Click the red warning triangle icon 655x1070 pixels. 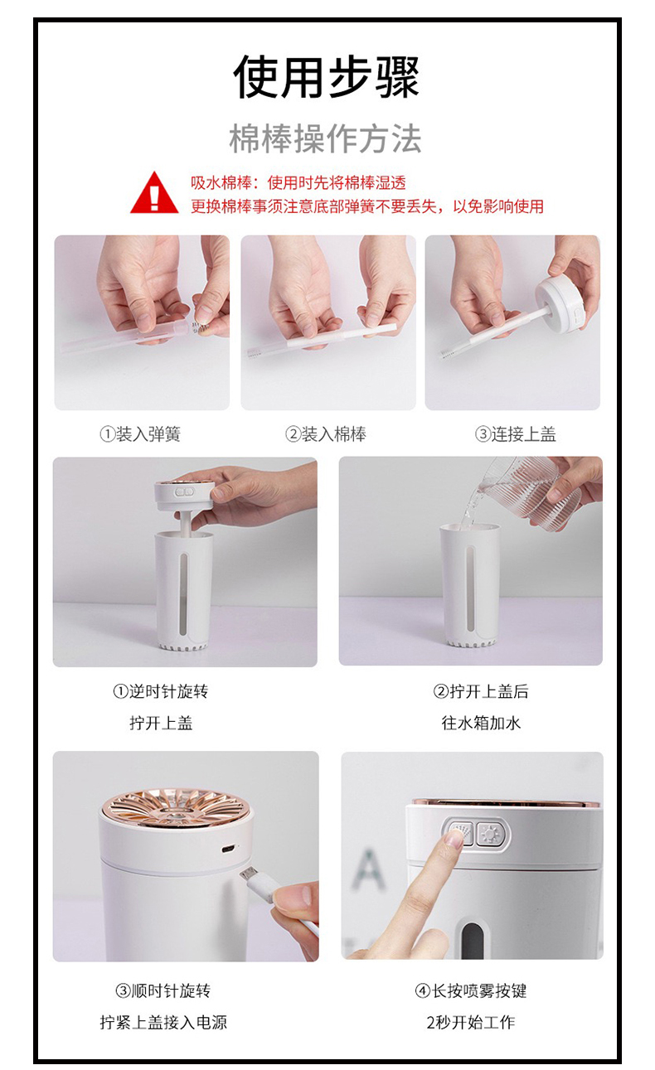click(154, 193)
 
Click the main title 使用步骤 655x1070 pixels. click(327, 76)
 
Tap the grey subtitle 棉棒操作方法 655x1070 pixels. click(325, 139)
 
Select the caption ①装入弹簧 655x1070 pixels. click(140, 434)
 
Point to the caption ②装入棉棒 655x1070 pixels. click(326, 434)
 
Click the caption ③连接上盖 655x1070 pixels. click(516, 434)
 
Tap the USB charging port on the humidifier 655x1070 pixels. click(227, 848)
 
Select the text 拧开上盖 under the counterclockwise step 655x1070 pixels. click(161, 723)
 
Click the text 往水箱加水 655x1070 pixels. click(481, 723)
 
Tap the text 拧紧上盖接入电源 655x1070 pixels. click(163, 1022)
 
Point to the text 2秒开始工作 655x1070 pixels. click(471, 1022)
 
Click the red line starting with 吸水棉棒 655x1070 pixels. click(298, 182)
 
